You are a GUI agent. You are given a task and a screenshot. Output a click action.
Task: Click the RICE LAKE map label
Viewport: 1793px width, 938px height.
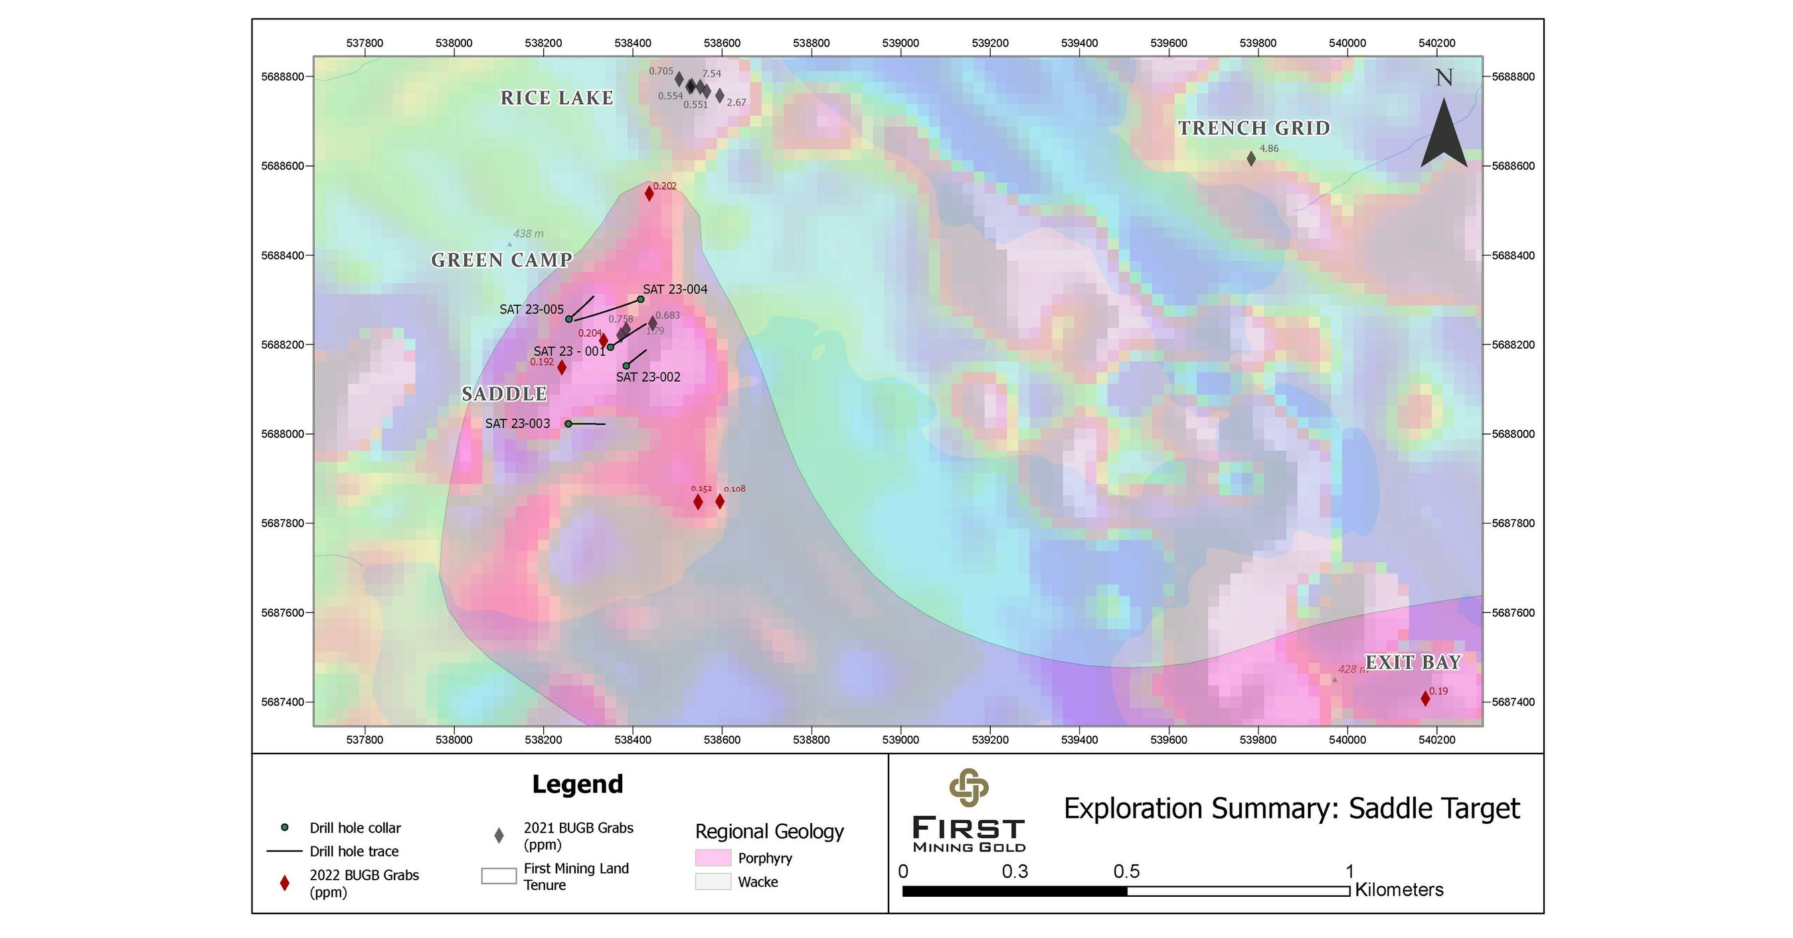[x=557, y=98]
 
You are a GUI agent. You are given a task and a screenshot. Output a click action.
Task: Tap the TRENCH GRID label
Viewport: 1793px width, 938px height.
[x=1254, y=128]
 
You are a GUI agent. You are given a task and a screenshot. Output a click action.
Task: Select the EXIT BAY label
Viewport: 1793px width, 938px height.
[x=1413, y=663]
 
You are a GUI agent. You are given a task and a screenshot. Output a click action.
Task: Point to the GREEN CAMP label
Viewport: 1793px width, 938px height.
[x=501, y=260]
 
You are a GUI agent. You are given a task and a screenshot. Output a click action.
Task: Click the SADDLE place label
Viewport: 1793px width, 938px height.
[x=505, y=394]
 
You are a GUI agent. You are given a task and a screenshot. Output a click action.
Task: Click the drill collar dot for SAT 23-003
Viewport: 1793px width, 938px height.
[x=568, y=424]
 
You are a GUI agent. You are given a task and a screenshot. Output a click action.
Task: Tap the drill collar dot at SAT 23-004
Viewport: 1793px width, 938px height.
[x=640, y=299]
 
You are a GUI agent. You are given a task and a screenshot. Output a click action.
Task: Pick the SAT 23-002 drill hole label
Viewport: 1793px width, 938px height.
[x=648, y=377]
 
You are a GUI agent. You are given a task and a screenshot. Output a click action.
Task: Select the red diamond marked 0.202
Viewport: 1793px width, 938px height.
[x=649, y=193]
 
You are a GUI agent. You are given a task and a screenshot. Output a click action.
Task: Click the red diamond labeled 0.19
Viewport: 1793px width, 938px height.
[x=1426, y=698]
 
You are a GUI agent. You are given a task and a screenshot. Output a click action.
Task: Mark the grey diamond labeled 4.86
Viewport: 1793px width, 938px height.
[x=1251, y=159]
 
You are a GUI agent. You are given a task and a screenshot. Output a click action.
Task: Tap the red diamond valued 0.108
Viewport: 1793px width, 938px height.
[x=720, y=502]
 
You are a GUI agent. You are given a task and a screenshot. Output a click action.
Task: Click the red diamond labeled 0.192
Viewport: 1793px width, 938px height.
[x=562, y=367]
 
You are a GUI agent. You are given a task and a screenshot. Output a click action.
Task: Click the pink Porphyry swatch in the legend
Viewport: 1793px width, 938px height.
[x=713, y=857]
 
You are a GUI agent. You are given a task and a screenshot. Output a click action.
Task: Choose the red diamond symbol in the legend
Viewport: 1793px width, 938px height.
[x=284, y=883]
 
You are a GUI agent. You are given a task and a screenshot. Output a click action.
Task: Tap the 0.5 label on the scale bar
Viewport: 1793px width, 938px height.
[x=1126, y=871]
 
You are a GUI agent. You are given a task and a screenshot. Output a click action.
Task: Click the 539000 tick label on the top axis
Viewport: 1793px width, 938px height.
[x=900, y=43]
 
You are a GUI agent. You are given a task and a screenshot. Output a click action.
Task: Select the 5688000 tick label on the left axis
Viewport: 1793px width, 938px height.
[x=283, y=434]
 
